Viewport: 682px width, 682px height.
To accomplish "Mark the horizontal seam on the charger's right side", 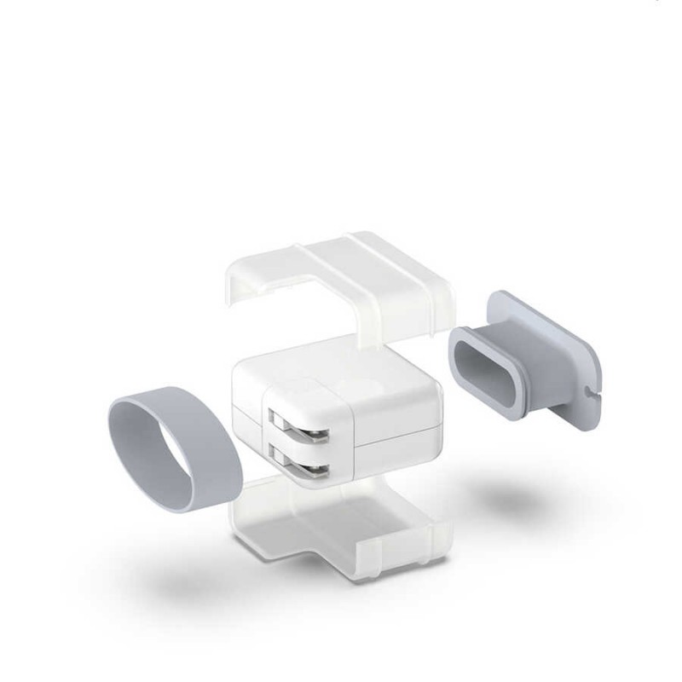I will point(396,442).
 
